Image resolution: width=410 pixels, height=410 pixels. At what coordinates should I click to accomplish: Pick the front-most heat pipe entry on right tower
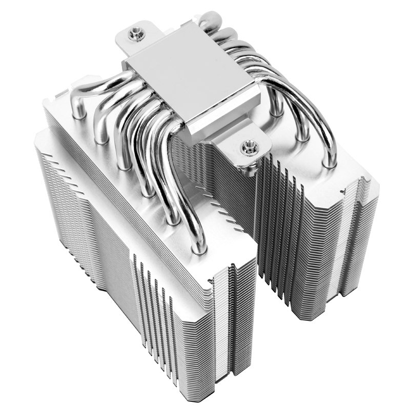point(330,163)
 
